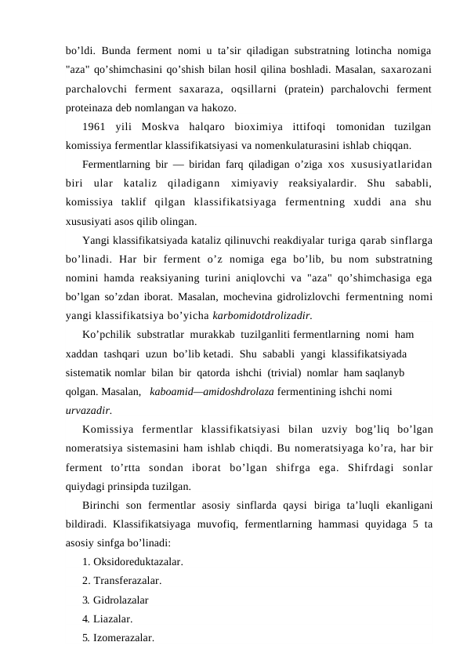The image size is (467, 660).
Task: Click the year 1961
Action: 94,127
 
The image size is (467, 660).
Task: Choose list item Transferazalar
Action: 127,581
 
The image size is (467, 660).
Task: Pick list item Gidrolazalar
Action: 121,600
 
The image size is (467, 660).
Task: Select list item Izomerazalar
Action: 123,637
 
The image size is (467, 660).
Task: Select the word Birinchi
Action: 103,505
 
